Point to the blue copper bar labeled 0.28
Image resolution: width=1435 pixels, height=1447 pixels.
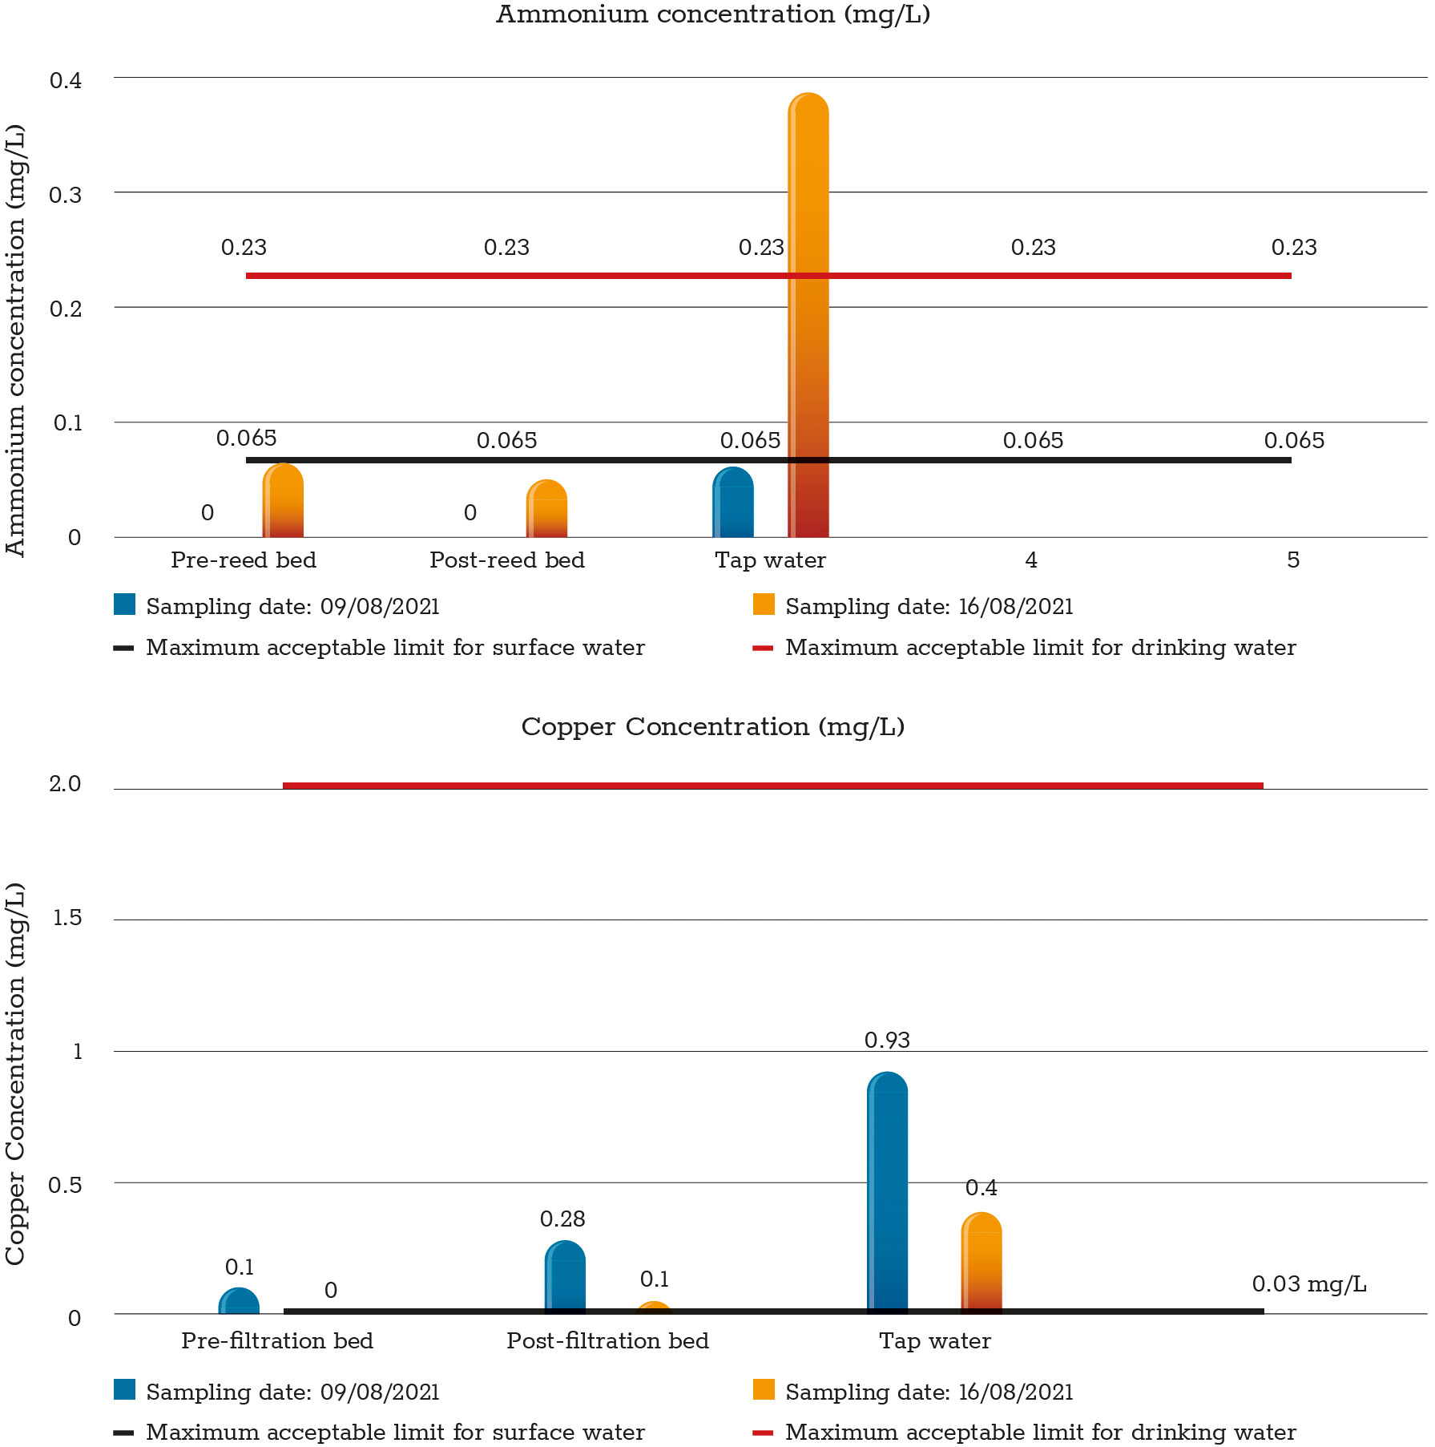click(565, 1278)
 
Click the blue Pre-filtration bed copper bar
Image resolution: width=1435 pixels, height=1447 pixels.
click(239, 1302)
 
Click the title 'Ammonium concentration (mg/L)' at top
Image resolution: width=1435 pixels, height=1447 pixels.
click(713, 14)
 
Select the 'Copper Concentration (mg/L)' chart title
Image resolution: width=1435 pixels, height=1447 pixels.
click(713, 726)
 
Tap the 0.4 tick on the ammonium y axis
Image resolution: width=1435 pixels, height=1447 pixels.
click(66, 80)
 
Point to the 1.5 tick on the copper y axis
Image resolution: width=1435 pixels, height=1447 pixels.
click(67, 918)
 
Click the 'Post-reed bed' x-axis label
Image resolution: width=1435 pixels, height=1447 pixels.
click(507, 560)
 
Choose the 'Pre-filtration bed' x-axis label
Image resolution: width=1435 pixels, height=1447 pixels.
click(277, 1340)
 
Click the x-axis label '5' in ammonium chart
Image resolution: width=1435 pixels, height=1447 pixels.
click(1292, 560)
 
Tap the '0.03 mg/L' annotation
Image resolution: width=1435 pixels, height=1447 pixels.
click(1309, 1283)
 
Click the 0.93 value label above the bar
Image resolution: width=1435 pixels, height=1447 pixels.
click(887, 1040)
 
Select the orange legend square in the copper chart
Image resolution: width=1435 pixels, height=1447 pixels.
click(764, 1389)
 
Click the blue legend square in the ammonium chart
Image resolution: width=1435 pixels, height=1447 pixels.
click(125, 604)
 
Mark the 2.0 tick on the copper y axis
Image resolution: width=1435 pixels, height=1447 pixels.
click(66, 784)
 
